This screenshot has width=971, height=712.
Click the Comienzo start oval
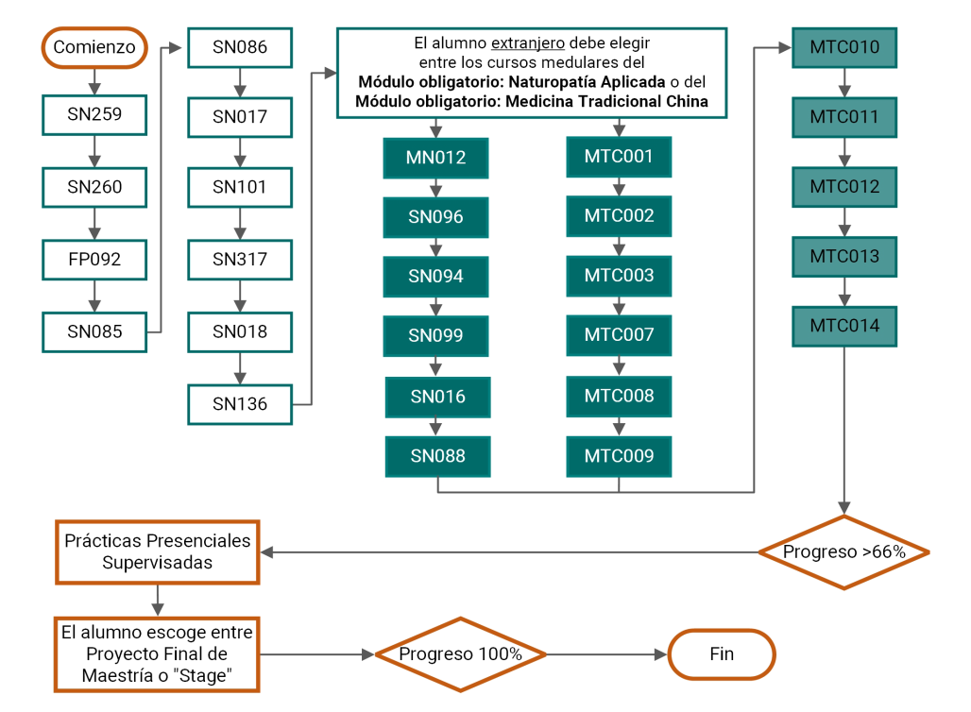tap(94, 47)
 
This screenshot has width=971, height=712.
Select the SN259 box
tap(94, 114)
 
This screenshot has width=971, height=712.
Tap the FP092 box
tap(94, 260)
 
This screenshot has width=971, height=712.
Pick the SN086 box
tap(240, 47)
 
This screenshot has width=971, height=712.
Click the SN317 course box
tap(240, 260)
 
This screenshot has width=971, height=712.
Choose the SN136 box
tap(240, 404)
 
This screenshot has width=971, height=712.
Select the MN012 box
tap(436, 158)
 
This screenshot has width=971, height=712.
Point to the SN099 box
tap(436, 336)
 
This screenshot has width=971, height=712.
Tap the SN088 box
tap(438, 456)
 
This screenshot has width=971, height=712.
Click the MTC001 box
tap(619, 157)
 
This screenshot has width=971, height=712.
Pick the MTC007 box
tap(619, 335)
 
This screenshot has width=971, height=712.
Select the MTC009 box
tap(619, 456)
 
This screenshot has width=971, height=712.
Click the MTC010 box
tap(844, 47)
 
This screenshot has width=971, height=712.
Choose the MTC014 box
tap(844, 327)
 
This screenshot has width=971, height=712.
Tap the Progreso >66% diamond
tap(844, 552)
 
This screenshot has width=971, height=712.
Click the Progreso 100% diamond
tap(461, 654)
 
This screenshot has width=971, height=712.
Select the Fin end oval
tap(722, 654)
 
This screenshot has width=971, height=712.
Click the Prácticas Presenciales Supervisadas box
tap(158, 552)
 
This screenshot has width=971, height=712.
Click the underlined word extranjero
tap(528, 43)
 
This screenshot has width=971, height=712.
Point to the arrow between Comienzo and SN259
tap(94, 81)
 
